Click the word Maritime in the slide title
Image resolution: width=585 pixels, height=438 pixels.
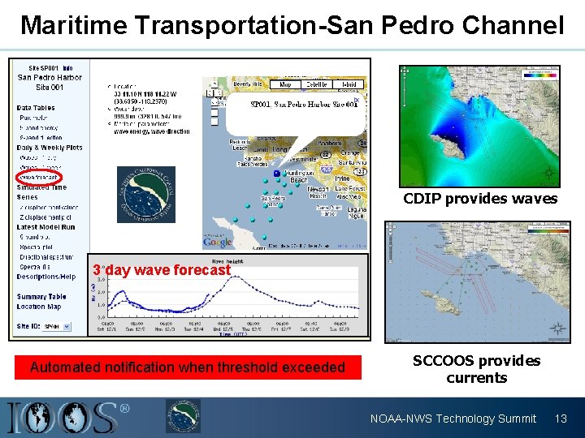tap(74, 25)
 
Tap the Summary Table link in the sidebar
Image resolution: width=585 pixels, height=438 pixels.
tap(41, 297)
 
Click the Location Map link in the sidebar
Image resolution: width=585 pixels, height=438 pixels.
tap(38, 307)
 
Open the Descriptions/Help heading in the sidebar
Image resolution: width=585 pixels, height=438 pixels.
tap(46, 277)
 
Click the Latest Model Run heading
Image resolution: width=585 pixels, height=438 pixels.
tap(46, 226)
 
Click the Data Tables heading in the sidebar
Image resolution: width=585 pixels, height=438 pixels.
tap(36, 108)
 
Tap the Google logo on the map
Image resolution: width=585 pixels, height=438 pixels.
tap(217, 242)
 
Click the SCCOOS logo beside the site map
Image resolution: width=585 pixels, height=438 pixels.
tap(146, 195)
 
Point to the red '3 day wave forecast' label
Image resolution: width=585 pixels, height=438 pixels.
tap(161, 269)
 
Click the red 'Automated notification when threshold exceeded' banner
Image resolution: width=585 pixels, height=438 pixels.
tap(188, 367)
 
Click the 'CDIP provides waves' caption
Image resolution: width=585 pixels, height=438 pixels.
tap(480, 199)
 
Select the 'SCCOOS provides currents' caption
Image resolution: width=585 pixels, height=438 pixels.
tap(476, 369)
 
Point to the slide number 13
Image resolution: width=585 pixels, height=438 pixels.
tap(560, 419)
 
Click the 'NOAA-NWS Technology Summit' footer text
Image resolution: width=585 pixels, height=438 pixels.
tap(453, 419)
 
